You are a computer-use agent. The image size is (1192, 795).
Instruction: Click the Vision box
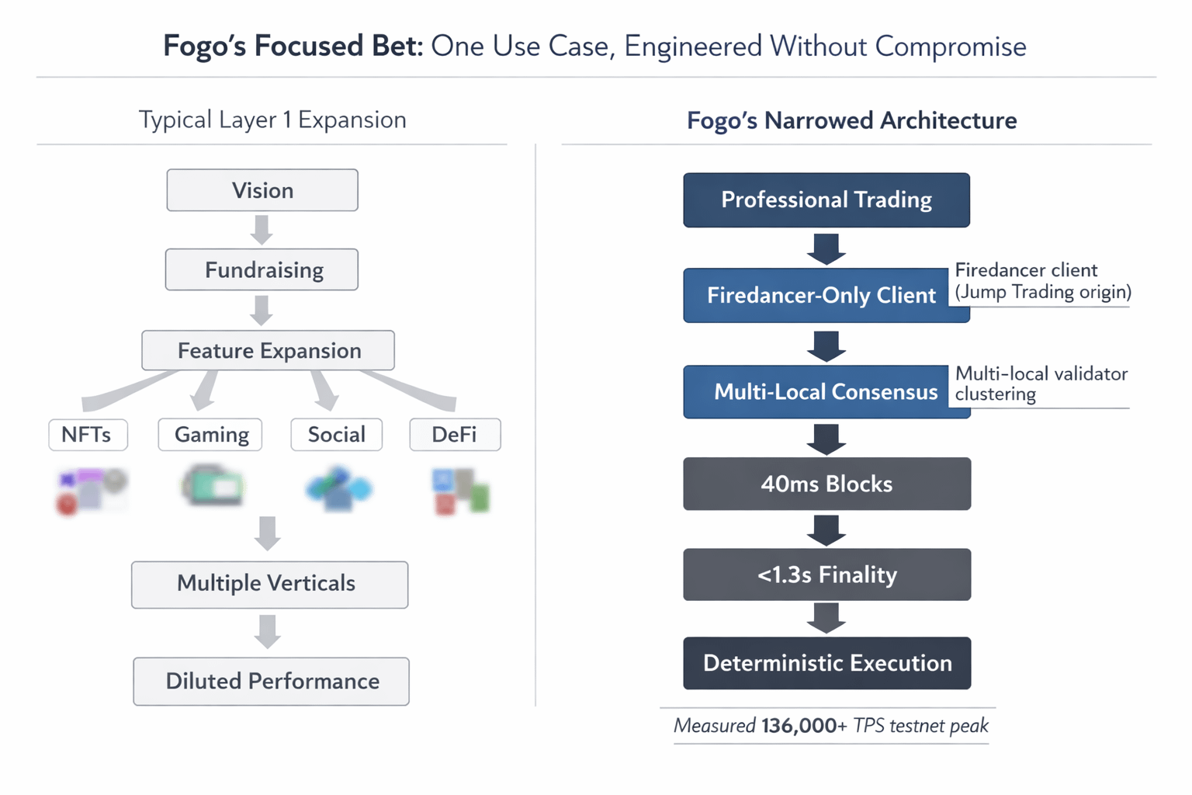coord(262,190)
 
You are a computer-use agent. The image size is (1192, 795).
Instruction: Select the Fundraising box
coord(262,269)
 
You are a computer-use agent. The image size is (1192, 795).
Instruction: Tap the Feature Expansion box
coord(269,350)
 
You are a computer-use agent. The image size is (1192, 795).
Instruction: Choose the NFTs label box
coord(88,435)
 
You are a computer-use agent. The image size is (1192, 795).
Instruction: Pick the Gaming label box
coord(210,435)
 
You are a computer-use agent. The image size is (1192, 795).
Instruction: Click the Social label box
coord(336,435)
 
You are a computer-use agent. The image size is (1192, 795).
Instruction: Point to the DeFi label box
coord(455,435)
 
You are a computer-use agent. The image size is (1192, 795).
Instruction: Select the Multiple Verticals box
coord(270,585)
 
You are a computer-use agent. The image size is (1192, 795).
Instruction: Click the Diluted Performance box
coord(272,682)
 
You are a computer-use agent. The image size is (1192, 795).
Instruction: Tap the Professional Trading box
coord(826,200)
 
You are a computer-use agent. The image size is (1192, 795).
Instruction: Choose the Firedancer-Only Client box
coord(826,295)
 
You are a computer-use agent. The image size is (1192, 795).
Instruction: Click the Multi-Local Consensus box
coord(827,392)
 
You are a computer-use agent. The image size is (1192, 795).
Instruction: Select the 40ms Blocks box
coord(827,484)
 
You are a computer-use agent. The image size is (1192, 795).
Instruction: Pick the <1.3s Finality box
coord(827,575)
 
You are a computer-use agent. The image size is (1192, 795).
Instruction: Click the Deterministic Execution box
coord(827,663)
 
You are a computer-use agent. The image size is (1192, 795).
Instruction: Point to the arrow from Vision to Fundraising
coord(262,230)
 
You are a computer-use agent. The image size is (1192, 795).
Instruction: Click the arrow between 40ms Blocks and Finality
coord(826,529)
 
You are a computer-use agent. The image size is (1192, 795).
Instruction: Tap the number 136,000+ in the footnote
coord(803,726)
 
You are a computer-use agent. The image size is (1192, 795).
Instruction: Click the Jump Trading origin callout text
coord(1043,292)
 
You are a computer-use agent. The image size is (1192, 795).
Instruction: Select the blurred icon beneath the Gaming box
coord(213,486)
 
